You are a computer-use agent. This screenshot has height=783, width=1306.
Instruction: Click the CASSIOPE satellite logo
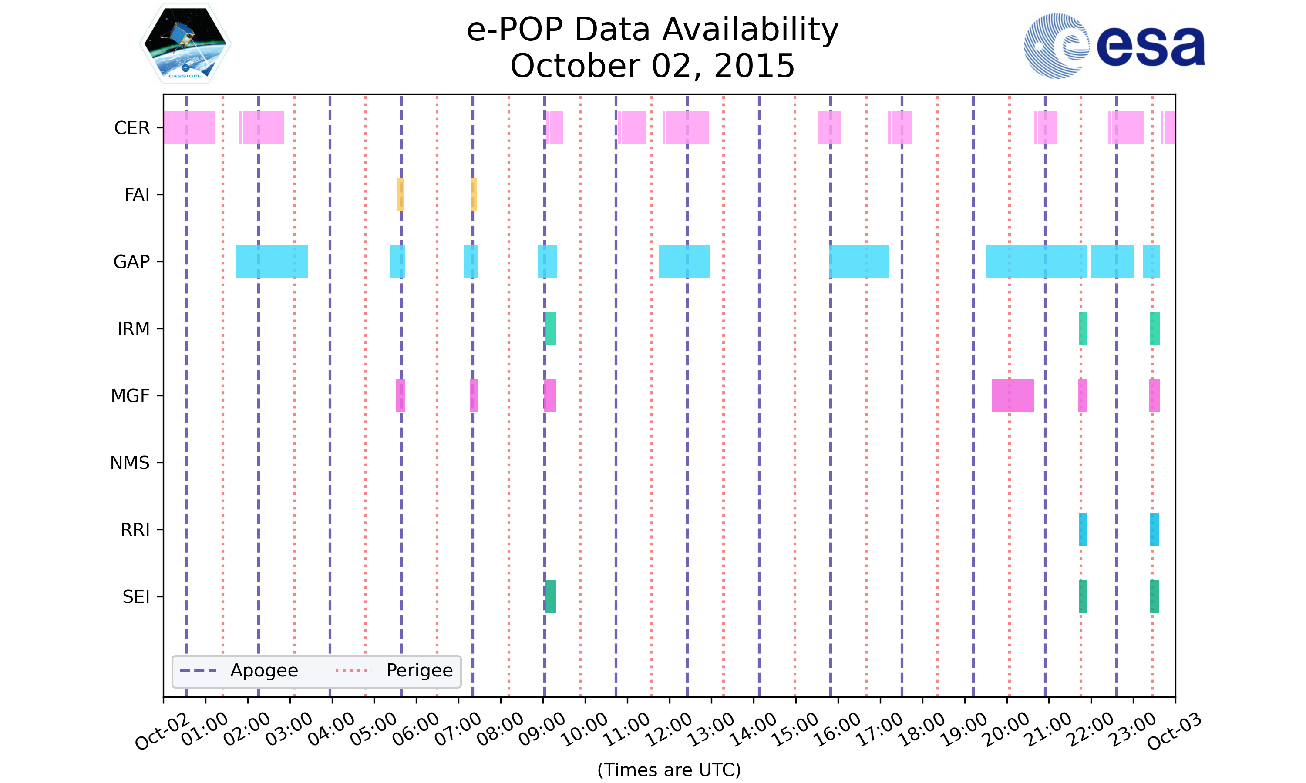(x=185, y=44)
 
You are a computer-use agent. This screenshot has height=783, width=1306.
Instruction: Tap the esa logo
(x=1114, y=47)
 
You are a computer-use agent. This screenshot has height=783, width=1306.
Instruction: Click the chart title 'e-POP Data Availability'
(x=653, y=30)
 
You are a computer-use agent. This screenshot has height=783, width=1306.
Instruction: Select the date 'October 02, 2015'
(x=653, y=66)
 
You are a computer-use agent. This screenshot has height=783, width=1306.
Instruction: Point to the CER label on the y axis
(x=132, y=128)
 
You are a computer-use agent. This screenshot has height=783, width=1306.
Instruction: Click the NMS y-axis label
(x=130, y=463)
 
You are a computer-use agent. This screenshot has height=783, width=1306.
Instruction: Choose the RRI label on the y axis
(x=135, y=530)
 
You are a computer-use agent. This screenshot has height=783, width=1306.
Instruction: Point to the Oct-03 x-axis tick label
(x=1174, y=731)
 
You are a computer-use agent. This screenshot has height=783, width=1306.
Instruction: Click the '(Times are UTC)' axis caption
(x=669, y=770)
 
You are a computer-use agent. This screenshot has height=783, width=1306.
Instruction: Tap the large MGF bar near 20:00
(x=1013, y=396)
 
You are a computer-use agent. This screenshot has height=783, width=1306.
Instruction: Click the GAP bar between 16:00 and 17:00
(x=859, y=262)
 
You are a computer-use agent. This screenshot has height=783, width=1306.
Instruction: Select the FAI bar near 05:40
(x=401, y=195)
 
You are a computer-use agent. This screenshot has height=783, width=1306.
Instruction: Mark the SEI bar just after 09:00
(x=550, y=597)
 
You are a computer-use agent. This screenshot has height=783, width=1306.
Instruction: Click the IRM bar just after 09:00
(x=550, y=329)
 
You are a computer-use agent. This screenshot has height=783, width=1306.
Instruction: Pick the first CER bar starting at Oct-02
(x=189, y=128)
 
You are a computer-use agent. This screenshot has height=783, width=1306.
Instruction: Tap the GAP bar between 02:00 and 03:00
(x=271, y=262)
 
